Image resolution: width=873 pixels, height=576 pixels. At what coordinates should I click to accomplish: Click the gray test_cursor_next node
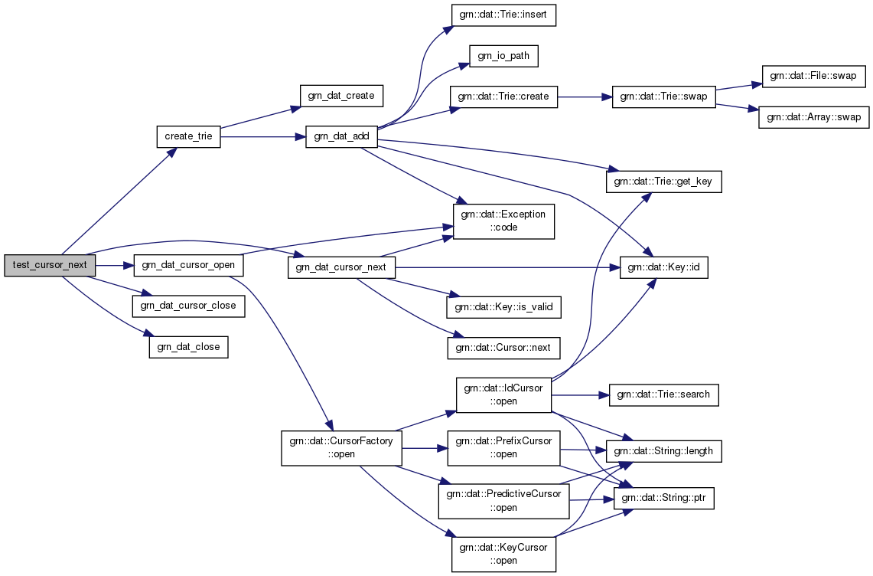coord(50,266)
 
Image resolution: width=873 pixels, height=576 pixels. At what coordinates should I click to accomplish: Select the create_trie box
coord(188,137)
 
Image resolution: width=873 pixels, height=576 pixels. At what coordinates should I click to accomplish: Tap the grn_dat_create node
coord(340,96)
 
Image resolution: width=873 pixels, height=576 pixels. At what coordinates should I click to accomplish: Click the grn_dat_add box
coord(341,137)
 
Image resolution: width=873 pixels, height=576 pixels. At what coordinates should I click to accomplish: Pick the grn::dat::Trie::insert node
coord(502,16)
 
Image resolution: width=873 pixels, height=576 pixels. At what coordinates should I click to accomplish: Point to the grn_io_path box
coord(499,56)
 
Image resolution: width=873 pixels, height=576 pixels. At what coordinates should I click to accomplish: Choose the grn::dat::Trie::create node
coord(503,97)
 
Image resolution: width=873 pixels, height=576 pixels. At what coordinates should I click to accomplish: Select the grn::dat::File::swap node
coord(813,77)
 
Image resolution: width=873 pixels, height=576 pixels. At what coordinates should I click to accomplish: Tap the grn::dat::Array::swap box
coord(813,118)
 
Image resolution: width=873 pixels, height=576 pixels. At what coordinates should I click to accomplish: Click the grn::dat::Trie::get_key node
coord(663,182)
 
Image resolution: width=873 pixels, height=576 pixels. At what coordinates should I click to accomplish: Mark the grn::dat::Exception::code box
coord(503,221)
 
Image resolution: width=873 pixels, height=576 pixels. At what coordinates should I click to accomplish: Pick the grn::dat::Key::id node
coord(663,267)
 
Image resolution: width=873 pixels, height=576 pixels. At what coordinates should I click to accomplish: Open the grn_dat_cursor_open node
coord(189,266)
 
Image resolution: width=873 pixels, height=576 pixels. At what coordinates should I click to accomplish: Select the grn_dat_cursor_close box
coord(189,306)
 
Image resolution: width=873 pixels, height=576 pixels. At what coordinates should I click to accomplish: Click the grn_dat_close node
coord(188,347)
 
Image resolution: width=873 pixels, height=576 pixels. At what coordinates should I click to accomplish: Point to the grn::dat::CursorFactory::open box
coord(341,447)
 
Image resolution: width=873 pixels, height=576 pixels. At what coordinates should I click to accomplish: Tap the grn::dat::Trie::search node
coord(663,394)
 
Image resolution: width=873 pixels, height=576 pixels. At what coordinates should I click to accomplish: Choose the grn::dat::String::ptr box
coord(663,499)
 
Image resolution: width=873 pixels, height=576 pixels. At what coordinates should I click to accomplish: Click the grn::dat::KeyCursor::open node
coord(503,554)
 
